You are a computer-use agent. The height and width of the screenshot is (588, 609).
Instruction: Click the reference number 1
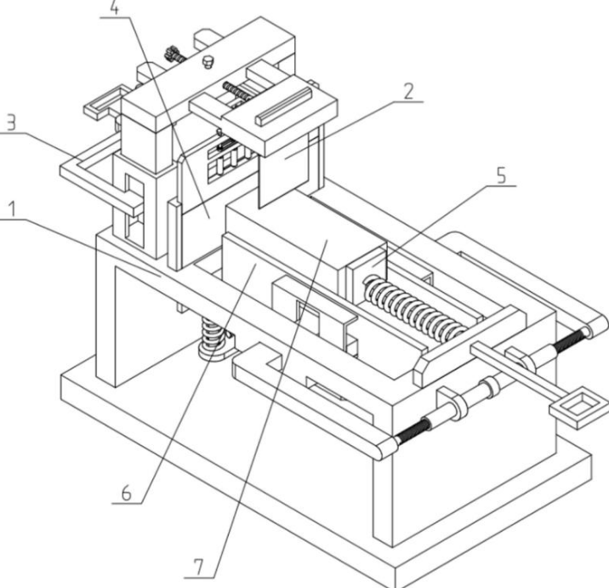(x=13, y=209)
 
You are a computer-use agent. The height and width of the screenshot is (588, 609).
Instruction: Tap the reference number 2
(x=408, y=92)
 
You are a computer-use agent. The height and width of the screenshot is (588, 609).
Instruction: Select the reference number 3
(x=11, y=123)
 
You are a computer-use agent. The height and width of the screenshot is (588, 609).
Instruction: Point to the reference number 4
(x=114, y=8)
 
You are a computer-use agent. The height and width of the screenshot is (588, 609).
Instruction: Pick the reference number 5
(x=502, y=175)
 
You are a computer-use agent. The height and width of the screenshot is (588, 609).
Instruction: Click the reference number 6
(x=127, y=494)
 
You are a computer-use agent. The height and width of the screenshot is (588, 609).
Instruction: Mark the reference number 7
(x=198, y=568)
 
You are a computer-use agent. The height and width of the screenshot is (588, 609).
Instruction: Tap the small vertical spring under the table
(x=213, y=332)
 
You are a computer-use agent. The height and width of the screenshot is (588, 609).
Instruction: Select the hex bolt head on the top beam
(x=208, y=62)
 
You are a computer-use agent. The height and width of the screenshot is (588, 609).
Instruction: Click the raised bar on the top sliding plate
(x=283, y=106)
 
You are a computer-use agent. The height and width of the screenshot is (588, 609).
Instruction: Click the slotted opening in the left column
(x=134, y=210)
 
